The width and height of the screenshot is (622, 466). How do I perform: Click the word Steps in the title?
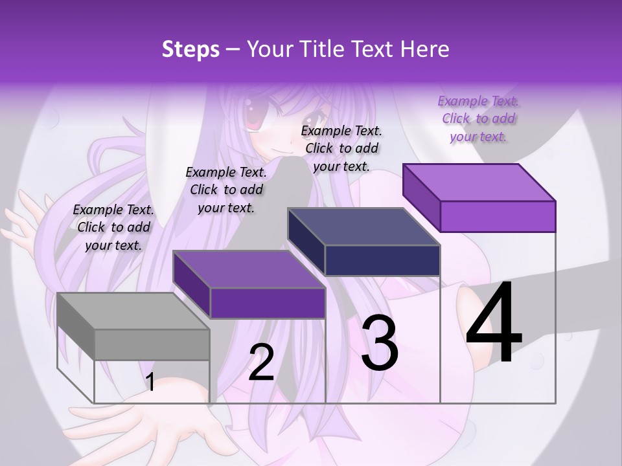(x=190, y=49)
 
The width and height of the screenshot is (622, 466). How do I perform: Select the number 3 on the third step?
(x=380, y=343)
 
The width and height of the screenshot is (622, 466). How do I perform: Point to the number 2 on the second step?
(x=262, y=362)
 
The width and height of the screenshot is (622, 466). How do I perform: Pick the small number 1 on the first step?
(x=150, y=383)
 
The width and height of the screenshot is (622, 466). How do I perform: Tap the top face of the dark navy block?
(x=363, y=227)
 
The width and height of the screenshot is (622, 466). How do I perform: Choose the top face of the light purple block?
(x=479, y=182)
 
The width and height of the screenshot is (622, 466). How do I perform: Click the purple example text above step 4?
(x=478, y=118)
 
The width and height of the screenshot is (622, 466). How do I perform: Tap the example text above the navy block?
(x=341, y=148)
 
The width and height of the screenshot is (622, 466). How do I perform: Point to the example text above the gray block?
(x=113, y=227)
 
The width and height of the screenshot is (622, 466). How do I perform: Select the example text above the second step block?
(x=226, y=190)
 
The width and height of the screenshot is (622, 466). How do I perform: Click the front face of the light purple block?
(x=498, y=216)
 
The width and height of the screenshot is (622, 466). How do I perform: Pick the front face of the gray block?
(x=152, y=344)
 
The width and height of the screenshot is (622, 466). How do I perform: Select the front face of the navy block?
(x=382, y=260)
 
